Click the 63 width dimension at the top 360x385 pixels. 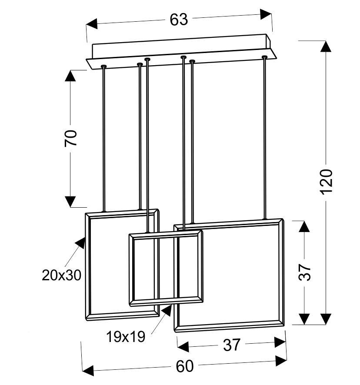click(x=179, y=20)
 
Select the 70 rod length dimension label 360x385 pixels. click(x=70, y=138)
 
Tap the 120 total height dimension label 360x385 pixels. click(x=327, y=182)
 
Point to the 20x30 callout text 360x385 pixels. click(x=61, y=275)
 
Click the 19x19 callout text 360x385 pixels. click(x=126, y=337)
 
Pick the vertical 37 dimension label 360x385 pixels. click(x=304, y=272)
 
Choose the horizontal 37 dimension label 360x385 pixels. click(x=231, y=345)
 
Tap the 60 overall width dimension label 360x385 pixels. click(x=185, y=366)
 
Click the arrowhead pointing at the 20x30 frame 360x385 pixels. click(x=80, y=243)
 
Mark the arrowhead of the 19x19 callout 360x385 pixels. click(x=167, y=310)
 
